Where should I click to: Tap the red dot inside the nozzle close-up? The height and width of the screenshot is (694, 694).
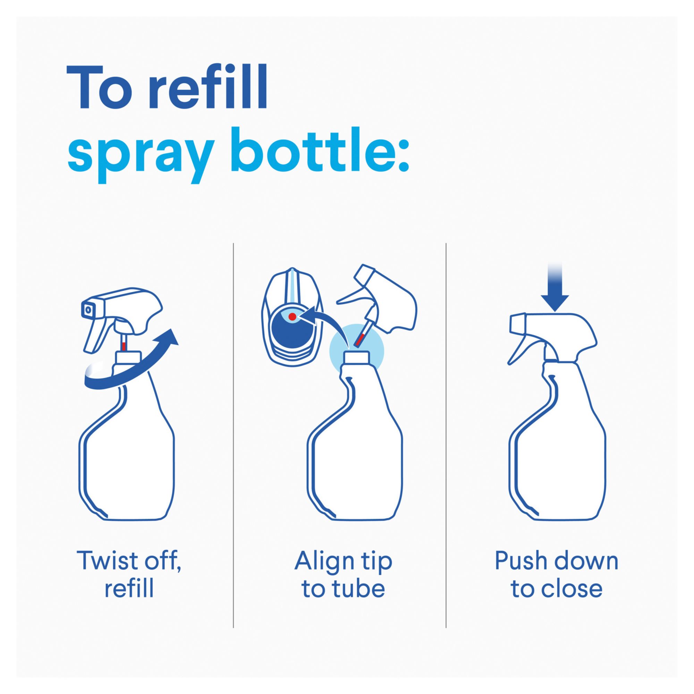pyautogui.click(x=293, y=316)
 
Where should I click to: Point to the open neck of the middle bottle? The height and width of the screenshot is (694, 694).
pyautogui.click(x=356, y=357)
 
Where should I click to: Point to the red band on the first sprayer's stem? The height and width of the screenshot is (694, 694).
pyautogui.click(x=123, y=346)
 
